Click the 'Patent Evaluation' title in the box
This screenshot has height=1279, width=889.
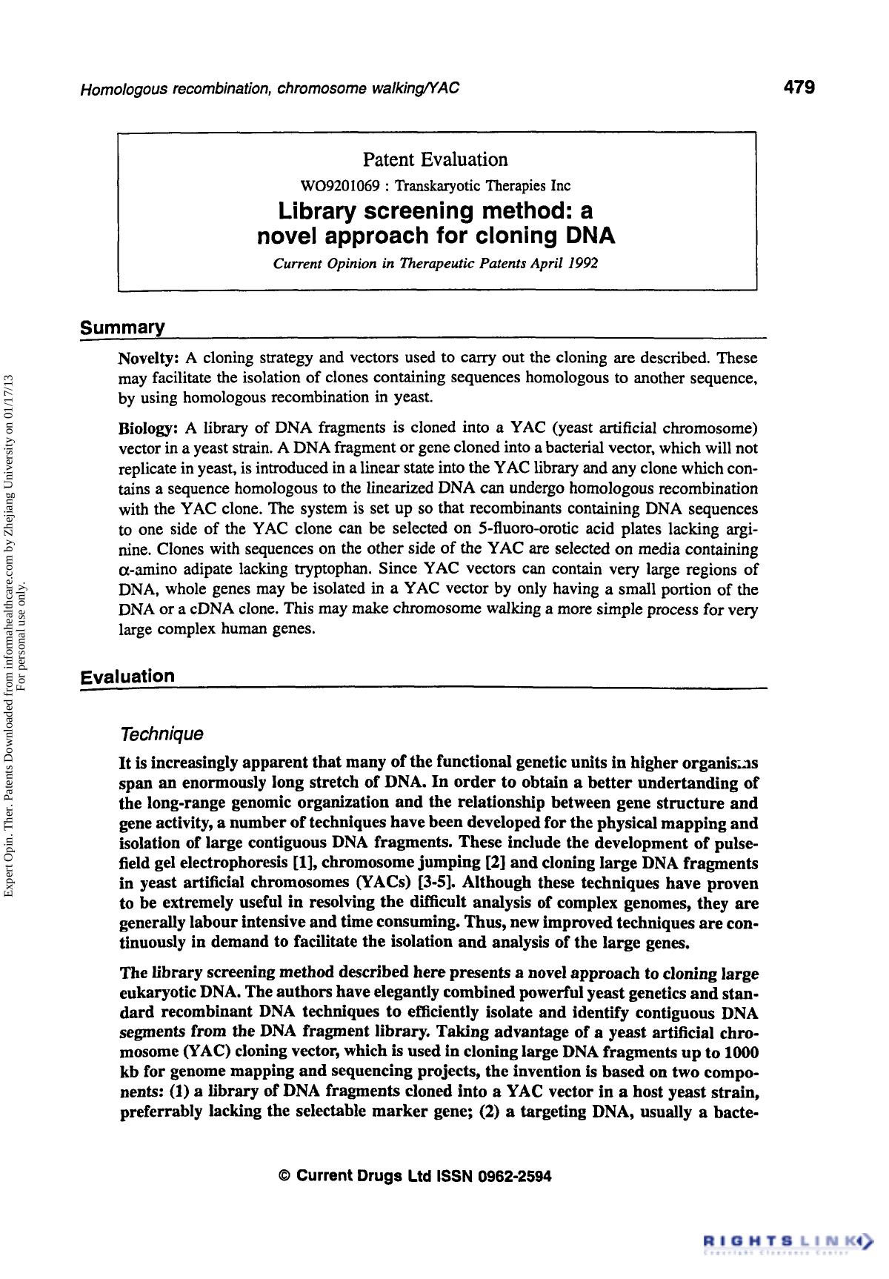(435, 159)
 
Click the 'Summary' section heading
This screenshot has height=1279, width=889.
(121, 328)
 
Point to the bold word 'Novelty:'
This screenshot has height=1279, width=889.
(147, 359)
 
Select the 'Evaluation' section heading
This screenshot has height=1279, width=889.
(128, 676)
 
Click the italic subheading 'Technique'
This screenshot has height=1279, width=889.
(161, 734)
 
